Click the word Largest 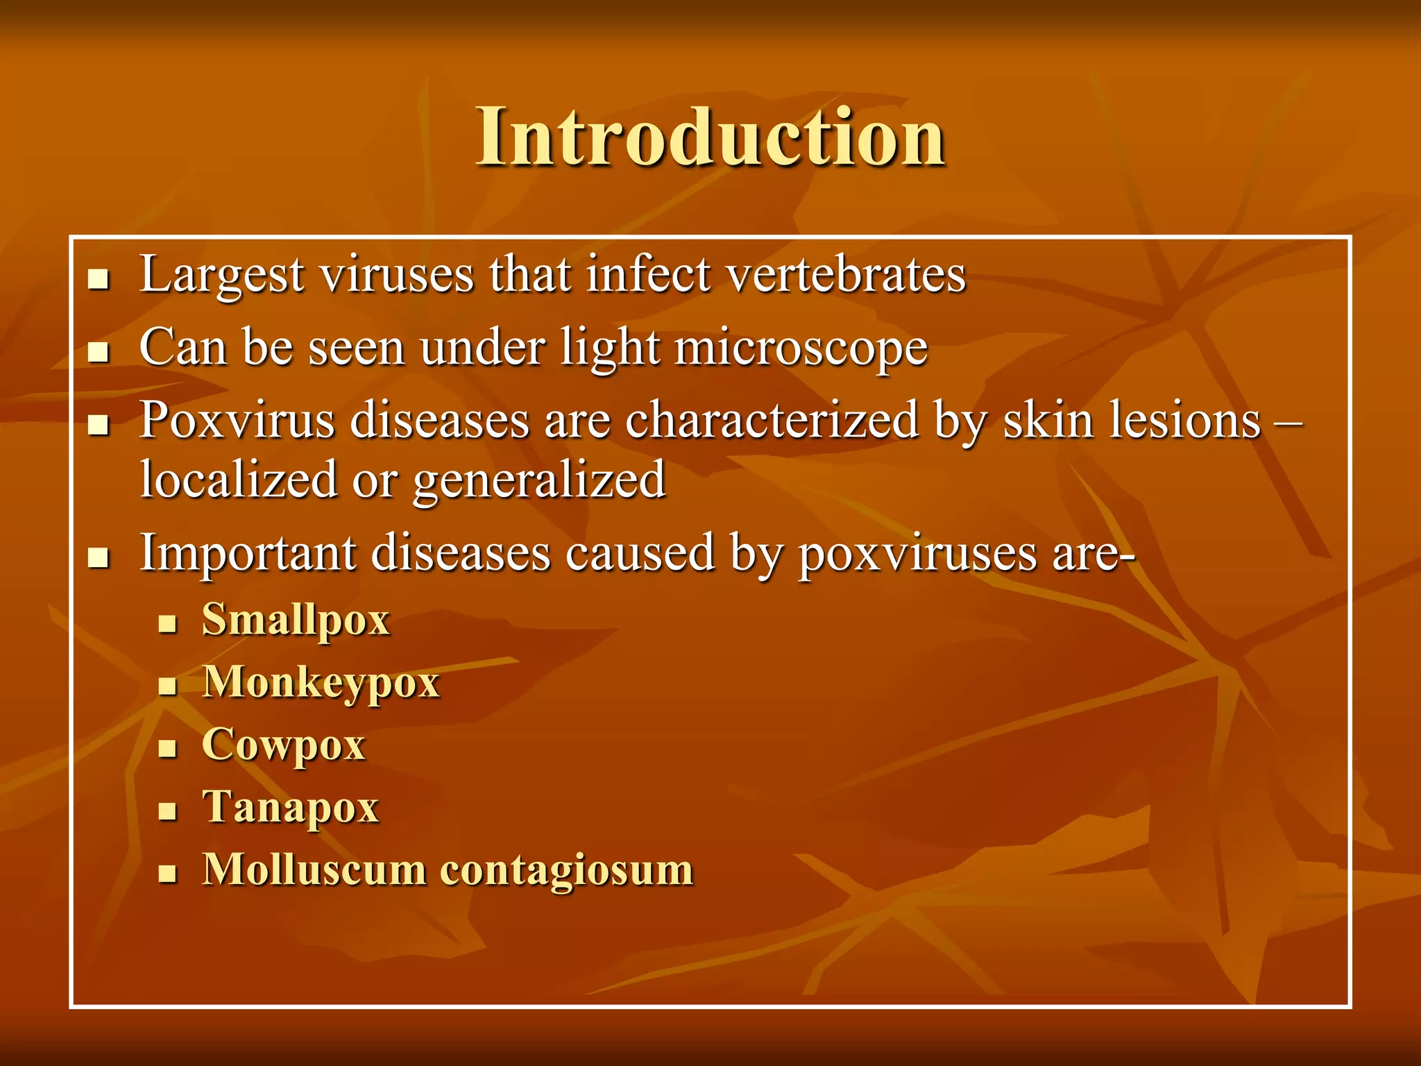click(x=221, y=276)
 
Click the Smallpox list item click(x=296, y=620)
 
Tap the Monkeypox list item click(x=321, y=682)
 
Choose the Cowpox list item click(x=283, y=745)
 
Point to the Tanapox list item click(x=290, y=807)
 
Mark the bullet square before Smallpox click(x=167, y=623)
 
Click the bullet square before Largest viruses click(x=99, y=279)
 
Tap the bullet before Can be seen click(x=99, y=352)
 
